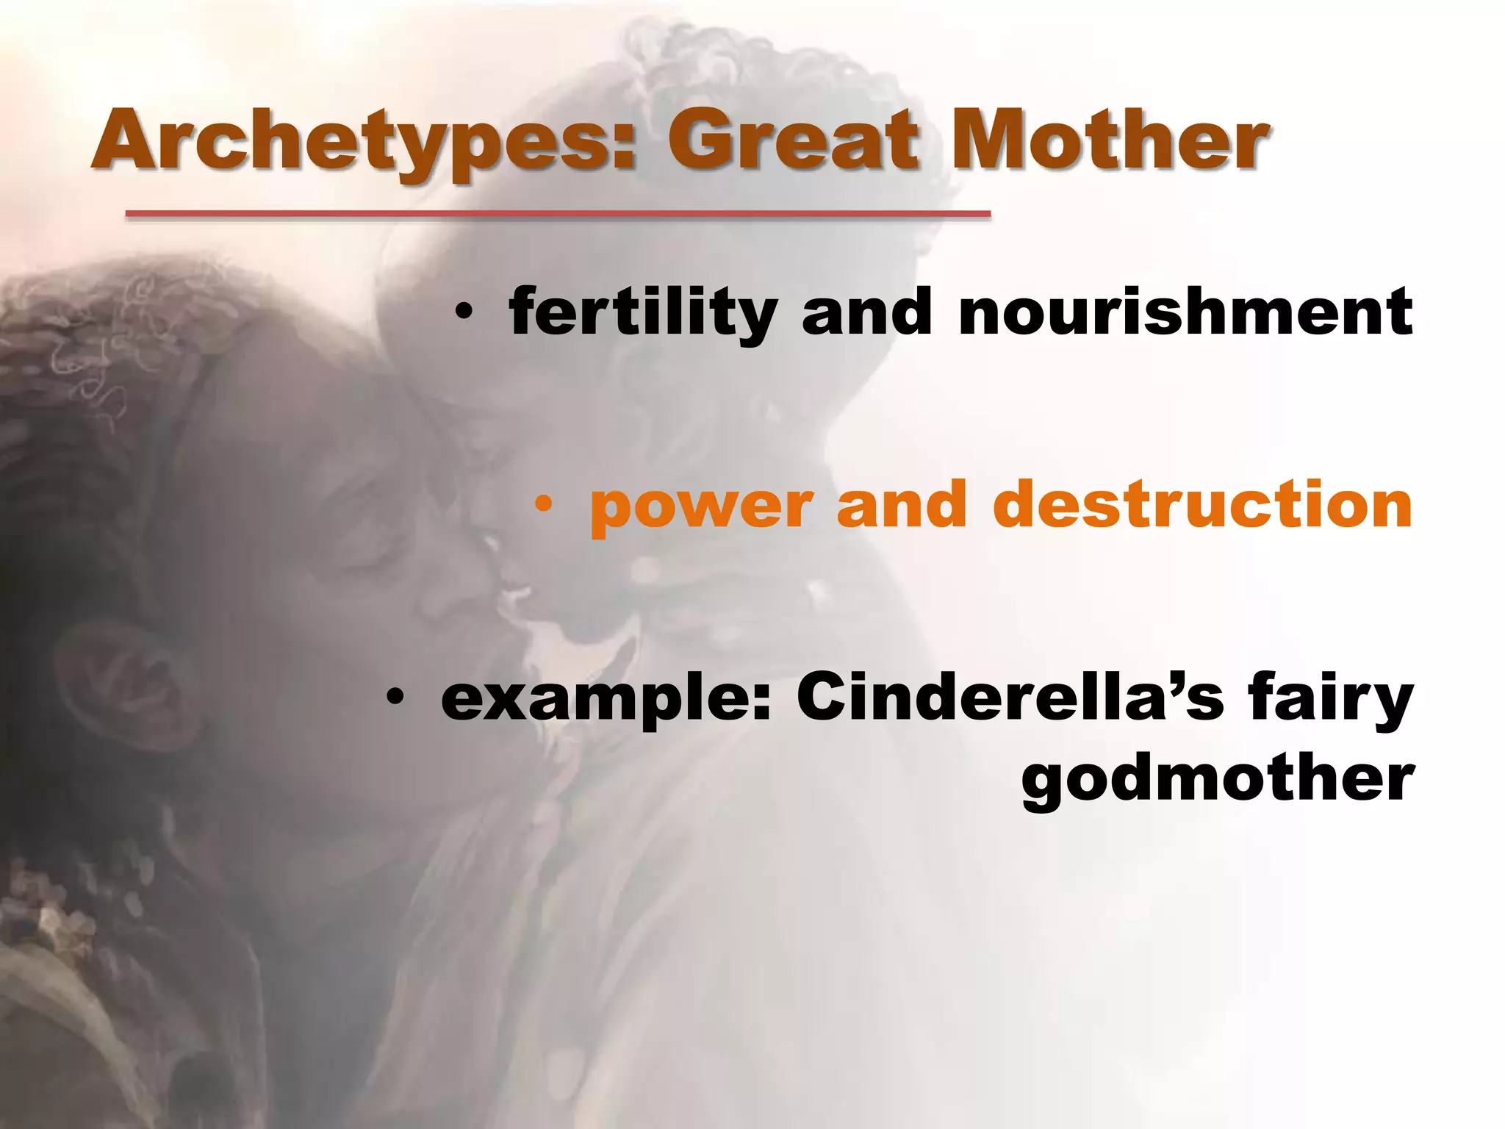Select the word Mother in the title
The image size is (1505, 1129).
tap(1109, 140)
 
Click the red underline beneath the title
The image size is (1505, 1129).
tap(558, 214)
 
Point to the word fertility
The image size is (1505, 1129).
tap(642, 312)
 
